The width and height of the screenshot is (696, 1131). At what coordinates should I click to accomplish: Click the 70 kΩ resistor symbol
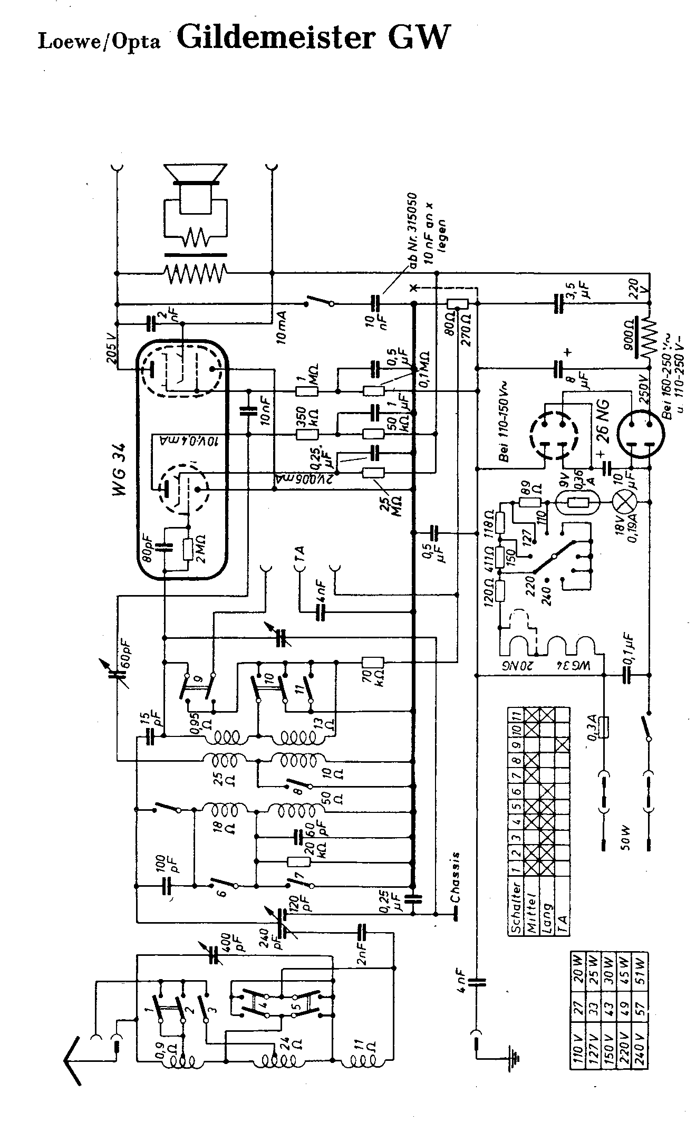click(373, 662)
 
